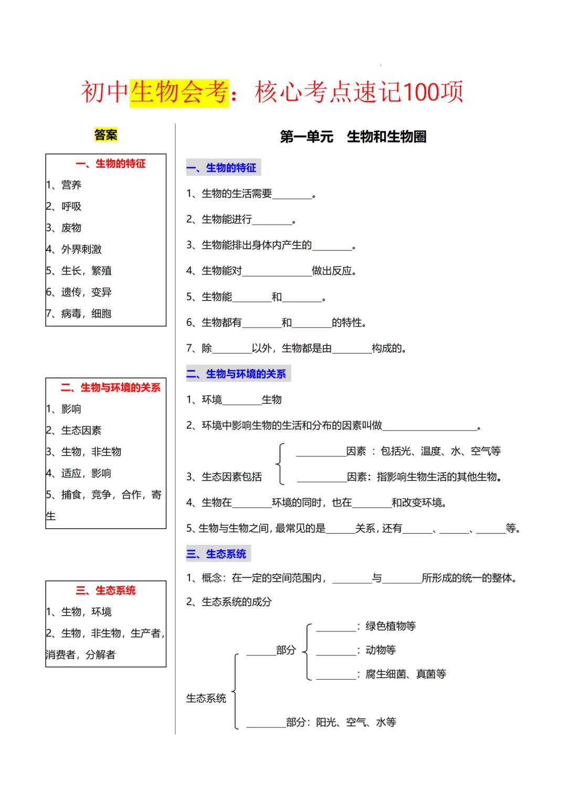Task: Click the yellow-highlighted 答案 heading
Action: (106, 135)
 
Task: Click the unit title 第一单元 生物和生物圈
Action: (353, 137)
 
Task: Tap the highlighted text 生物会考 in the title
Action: (179, 92)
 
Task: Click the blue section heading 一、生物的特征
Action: (224, 168)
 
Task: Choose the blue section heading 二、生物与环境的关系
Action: (238, 374)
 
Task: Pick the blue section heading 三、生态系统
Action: (218, 554)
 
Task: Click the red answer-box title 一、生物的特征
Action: (111, 164)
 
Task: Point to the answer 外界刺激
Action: (81, 249)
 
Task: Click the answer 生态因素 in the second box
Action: (81, 430)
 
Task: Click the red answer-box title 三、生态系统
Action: (106, 590)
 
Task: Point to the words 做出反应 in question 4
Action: (334, 271)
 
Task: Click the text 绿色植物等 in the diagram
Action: (391, 626)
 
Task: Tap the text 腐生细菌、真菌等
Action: (406, 674)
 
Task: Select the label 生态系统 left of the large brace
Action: (206, 699)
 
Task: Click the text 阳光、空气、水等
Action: (356, 723)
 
